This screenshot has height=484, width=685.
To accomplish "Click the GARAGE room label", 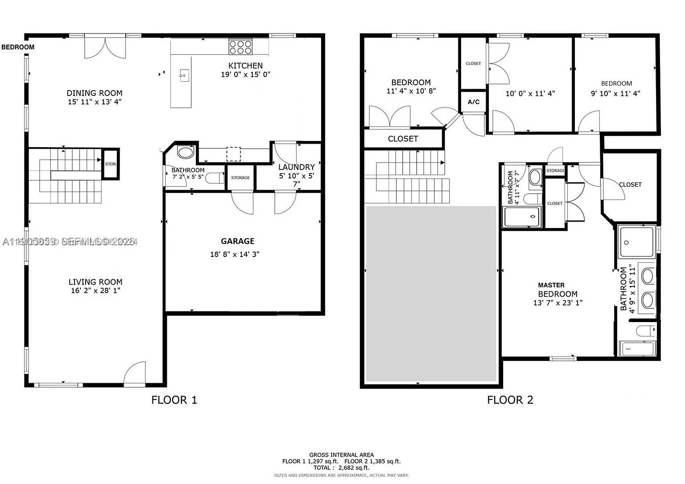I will click(x=237, y=241).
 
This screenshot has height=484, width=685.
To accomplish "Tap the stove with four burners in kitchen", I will click(x=241, y=47).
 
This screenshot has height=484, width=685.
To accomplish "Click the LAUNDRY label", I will click(x=297, y=167).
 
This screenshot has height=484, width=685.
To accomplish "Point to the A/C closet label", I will click(x=473, y=102).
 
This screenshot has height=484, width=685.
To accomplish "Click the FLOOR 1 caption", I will click(x=174, y=400).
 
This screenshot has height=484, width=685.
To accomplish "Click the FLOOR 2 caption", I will click(x=510, y=400).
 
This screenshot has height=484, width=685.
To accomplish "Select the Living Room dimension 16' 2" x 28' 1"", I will click(x=95, y=291).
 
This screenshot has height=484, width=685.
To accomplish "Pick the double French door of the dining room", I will click(x=105, y=48).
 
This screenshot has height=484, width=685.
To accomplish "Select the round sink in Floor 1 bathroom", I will click(x=186, y=152).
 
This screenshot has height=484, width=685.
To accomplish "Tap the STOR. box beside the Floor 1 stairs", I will click(x=111, y=164).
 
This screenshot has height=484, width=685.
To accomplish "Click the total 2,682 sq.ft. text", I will click(x=342, y=467).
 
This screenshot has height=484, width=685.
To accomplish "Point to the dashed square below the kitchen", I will click(x=233, y=154).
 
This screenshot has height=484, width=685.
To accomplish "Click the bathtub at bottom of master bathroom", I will click(x=638, y=348).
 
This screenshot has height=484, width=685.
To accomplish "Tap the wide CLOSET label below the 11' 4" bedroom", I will click(x=403, y=139).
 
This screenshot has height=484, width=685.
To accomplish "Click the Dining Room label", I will click(x=95, y=93).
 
